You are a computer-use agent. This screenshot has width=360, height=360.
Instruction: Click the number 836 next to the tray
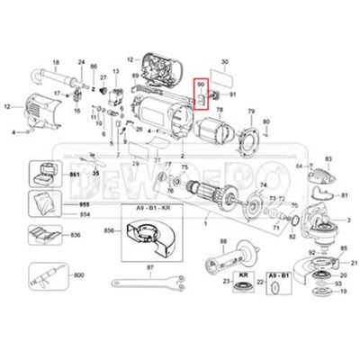pyautogui.click(x=76, y=236)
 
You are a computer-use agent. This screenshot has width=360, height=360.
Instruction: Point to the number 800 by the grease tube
pyautogui.click(x=77, y=274)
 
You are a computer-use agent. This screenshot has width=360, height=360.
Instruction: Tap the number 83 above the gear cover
pyautogui.click(x=328, y=158)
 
